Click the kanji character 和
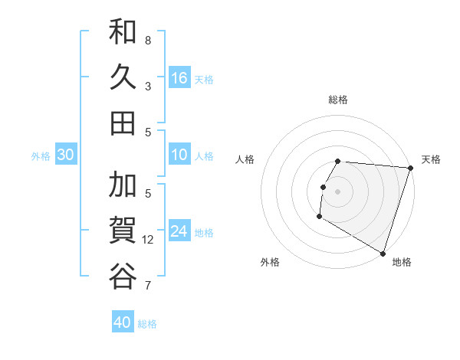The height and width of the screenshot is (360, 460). (x=123, y=32)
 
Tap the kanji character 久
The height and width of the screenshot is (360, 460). (x=123, y=77)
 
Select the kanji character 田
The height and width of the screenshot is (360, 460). (x=123, y=123)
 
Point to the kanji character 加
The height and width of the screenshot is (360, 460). (x=123, y=185)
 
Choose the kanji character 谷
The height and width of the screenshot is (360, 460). (x=123, y=276)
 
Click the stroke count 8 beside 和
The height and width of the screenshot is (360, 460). (x=148, y=40)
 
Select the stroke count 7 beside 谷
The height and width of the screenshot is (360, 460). (x=148, y=286)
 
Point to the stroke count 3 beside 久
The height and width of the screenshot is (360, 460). (x=148, y=86)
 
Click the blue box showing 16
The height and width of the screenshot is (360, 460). (x=179, y=78)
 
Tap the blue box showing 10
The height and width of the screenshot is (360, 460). (x=179, y=155)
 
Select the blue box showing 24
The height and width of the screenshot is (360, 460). (x=179, y=231)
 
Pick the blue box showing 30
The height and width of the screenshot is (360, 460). (x=65, y=155)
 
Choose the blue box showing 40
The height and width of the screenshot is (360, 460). (x=123, y=322)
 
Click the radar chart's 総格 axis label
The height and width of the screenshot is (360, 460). (x=338, y=100)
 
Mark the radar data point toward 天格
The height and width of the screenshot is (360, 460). (x=410, y=167)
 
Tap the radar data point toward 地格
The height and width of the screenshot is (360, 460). (x=383, y=253)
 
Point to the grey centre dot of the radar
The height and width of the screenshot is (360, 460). (x=337, y=191)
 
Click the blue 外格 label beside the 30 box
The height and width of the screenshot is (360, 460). (x=41, y=156)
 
